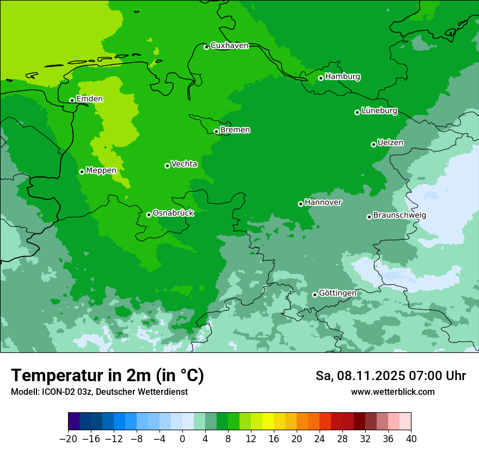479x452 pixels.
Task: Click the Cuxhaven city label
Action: pos(229,46)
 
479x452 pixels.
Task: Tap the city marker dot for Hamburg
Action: pos(321,78)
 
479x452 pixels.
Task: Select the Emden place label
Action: pos(89,99)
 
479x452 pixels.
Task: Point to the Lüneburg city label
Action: pos(379,111)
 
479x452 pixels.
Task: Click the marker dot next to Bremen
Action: pos(216,131)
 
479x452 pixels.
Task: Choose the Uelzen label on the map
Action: pos(390,143)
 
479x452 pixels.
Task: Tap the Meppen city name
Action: pos(101,170)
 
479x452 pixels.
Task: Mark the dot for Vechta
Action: pos(167,166)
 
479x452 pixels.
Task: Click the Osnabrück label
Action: pos(173,213)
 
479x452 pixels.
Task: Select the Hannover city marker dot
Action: pos(300,204)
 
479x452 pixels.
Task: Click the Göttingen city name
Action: pos(337,294)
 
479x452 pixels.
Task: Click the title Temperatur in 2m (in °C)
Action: pos(107,376)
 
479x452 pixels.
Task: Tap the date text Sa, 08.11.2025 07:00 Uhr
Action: pos(391,376)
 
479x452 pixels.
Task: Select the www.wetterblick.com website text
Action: pos(392,392)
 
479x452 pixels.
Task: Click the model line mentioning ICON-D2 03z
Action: pos(99,392)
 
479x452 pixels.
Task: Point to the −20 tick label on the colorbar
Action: pos(68,439)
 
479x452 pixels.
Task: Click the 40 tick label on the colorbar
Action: pos(411,439)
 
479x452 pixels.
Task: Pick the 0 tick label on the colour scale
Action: pos(182,439)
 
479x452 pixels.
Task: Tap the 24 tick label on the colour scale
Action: pos(320,439)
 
